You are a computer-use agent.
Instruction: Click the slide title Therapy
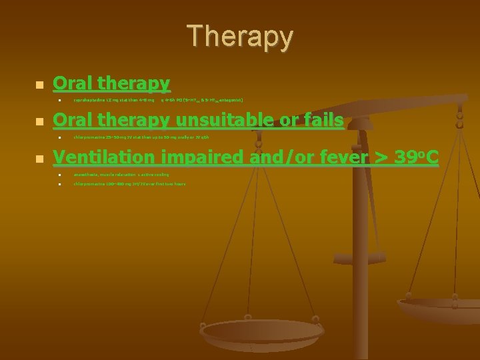(x=239, y=37)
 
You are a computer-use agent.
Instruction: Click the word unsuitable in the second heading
(x=222, y=120)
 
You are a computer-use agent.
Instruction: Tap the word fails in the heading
(x=321, y=120)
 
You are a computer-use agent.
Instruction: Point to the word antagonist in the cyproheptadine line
(x=229, y=101)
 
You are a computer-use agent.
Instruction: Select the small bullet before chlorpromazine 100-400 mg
(x=59, y=184)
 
